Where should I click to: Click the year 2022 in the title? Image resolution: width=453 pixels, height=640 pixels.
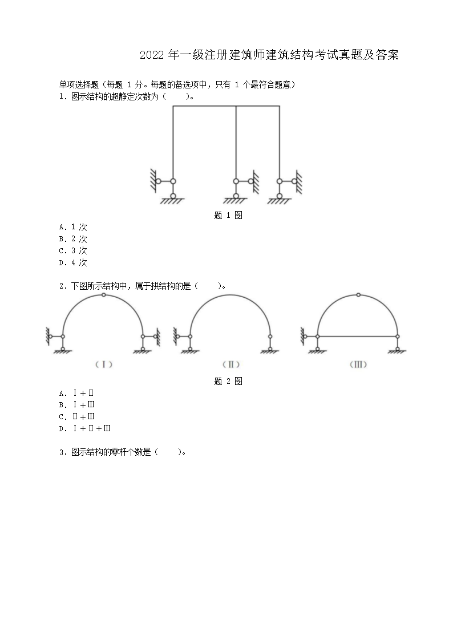pyautogui.click(x=152, y=55)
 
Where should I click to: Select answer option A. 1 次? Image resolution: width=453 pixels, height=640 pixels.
pyautogui.click(x=73, y=227)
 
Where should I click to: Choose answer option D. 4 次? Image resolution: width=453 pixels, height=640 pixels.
pyautogui.click(x=73, y=262)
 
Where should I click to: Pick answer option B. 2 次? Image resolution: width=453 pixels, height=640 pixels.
pyautogui.click(x=73, y=239)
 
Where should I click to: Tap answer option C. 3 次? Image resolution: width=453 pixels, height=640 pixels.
pyautogui.click(x=73, y=250)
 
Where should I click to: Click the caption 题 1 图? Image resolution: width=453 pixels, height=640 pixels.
pyautogui.click(x=228, y=215)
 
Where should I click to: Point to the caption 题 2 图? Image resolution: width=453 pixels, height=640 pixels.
pyautogui.click(x=228, y=381)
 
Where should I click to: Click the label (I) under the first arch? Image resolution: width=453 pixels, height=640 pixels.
pyautogui.click(x=104, y=364)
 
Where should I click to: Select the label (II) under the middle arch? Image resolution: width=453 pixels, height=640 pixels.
pyautogui.click(x=231, y=364)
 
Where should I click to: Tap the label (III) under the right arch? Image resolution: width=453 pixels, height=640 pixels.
pyautogui.click(x=358, y=364)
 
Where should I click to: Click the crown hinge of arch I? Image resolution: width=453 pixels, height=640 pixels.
pyautogui.click(x=104, y=295)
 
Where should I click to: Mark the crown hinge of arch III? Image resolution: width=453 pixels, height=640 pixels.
pyautogui.click(x=358, y=295)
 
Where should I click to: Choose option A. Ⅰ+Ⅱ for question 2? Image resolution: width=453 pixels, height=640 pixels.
pyautogui.click(x=76, y=393)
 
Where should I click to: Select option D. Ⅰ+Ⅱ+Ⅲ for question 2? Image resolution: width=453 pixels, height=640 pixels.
pyautogui.click(x=85, y=428)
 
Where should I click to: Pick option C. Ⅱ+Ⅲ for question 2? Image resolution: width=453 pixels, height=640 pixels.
pyautogui.click(x=76, y=417)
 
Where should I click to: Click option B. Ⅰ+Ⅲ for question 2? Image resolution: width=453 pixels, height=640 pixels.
pyautogui.click(x=76, y=405)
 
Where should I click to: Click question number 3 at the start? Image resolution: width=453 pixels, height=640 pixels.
pyautogui.click(x=62, y=452)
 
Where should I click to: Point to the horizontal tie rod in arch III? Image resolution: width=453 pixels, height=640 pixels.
pyautogui.click(x=358, y=337)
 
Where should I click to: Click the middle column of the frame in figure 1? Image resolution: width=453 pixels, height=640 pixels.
pyautogui.click(x=236, y=143)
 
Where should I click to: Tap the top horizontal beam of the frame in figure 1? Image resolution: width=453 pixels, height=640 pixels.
pyautogui.click(x=226, y=106)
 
